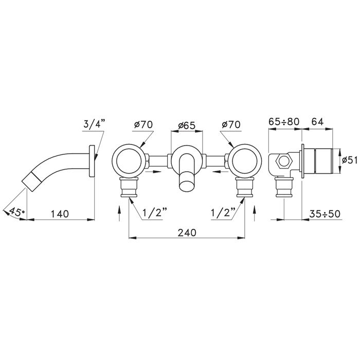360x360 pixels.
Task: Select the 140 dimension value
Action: click(60, 214)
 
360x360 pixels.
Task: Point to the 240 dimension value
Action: click(187, 232)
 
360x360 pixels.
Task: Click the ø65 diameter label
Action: click(187, 125)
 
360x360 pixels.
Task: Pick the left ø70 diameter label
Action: click(143, 124)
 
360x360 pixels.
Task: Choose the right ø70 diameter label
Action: click(231, 124)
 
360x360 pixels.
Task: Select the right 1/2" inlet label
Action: click(223, 213)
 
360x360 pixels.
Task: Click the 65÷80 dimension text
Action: click(284, 122)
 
